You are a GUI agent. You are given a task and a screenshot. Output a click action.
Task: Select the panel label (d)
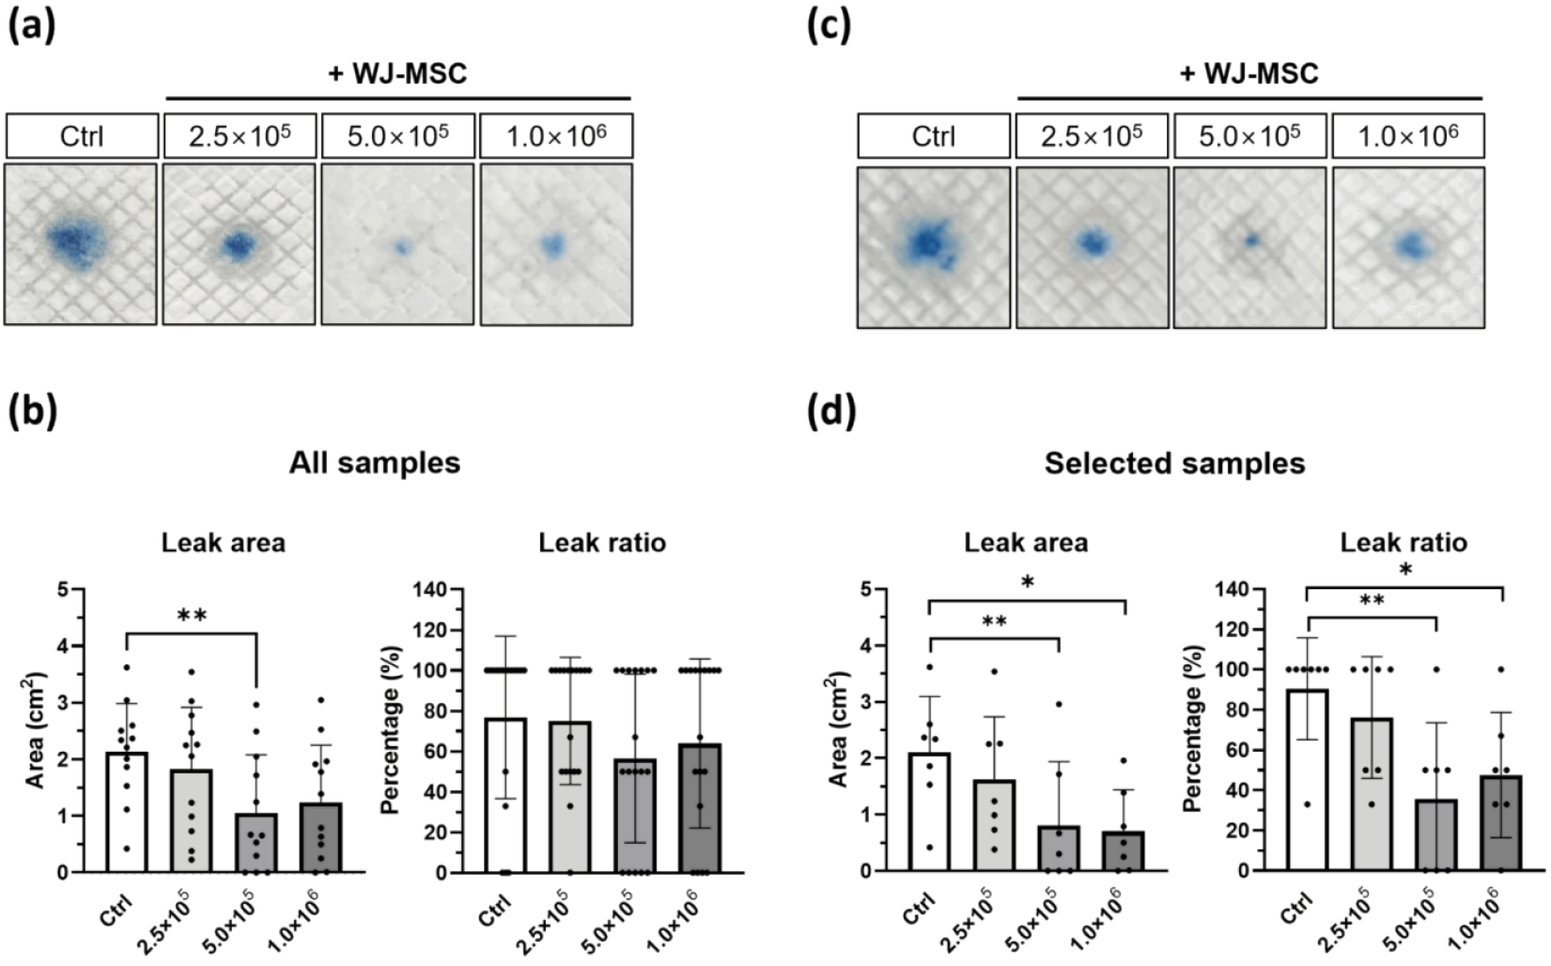(x=831, y=412)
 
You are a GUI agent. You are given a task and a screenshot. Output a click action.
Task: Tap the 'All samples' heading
(x=375, y=462)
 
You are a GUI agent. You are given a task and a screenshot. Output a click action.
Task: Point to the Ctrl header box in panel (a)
(x=83, y=135)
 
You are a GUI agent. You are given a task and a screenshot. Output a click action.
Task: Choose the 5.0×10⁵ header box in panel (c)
(x=1249, y=135)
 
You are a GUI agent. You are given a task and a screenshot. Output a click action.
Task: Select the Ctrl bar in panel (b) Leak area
(x=128, y=812)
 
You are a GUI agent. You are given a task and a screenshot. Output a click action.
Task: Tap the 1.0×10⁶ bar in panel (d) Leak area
(x=1124, y=851)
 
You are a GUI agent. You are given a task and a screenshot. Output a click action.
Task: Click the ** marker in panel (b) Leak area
(x=192, y=615)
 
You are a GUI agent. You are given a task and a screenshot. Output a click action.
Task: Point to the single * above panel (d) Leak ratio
(x=1404, y=570)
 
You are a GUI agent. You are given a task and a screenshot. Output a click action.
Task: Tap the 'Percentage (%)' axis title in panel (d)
(x=1192, y=728)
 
